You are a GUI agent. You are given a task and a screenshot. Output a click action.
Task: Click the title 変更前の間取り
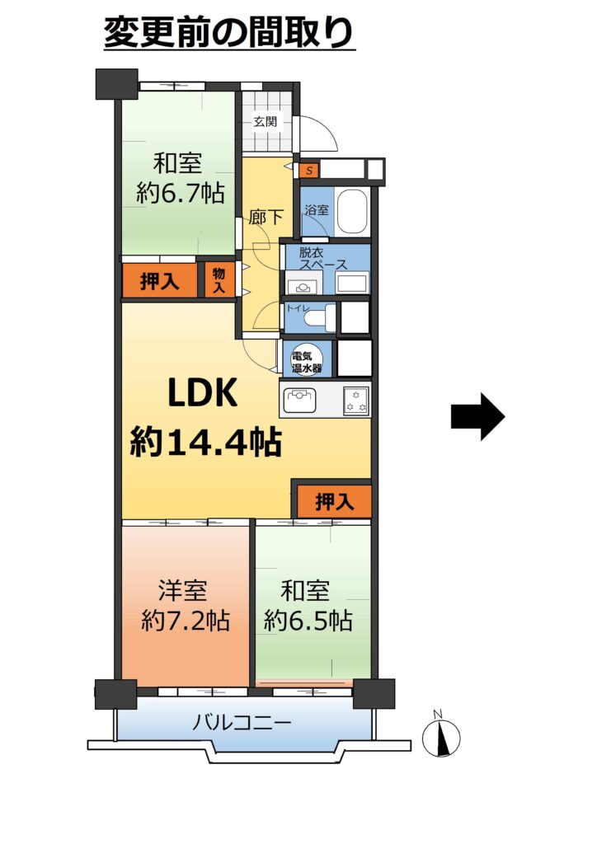[228, 32]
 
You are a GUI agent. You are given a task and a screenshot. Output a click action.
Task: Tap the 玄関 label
[265, 122]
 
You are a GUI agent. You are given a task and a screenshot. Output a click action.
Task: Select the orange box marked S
[309, 171]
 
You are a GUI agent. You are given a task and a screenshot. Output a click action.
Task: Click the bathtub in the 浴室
[350, 211]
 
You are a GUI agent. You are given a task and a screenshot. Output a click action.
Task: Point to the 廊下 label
[266, 217]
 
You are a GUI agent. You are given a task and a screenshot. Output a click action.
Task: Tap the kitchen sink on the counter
[301, 401]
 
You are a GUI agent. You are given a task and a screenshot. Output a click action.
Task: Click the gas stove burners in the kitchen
[356, 401]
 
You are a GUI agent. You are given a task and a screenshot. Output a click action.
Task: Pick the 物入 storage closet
[218, 280]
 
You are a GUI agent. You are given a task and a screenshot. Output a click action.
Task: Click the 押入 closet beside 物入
[159, 280]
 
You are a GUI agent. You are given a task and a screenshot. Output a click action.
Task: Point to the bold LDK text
[202, 392]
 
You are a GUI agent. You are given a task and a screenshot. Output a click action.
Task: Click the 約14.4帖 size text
[206, 442]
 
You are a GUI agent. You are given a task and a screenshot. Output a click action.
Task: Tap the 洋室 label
[182, 590]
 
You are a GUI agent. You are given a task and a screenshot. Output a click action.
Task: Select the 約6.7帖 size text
[181, 192]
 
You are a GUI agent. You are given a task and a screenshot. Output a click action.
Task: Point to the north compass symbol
[441, 736]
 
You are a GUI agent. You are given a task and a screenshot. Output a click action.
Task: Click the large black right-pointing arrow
[477, 416]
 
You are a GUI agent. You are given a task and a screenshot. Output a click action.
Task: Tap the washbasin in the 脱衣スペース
[303, 286]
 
